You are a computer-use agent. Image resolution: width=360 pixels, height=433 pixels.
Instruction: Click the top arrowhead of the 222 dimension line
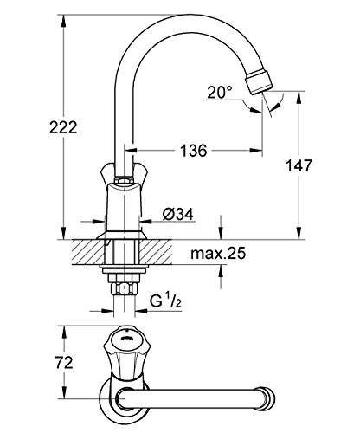(63, 17)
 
